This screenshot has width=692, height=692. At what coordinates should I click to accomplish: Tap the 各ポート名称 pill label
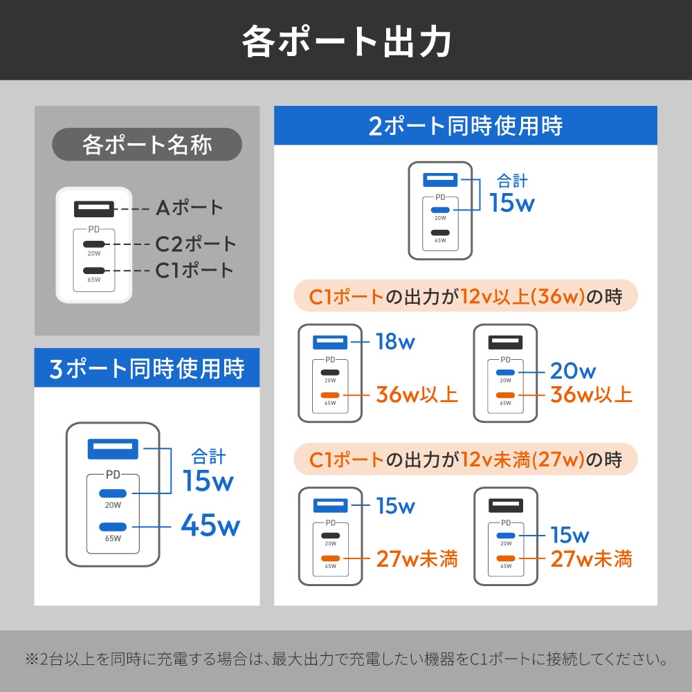147,145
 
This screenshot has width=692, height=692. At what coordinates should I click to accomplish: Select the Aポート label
189,207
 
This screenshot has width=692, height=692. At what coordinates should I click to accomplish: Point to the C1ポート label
194,270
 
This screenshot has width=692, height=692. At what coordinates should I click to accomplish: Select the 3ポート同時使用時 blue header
147,367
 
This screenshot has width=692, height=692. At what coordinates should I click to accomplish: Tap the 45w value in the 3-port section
210,525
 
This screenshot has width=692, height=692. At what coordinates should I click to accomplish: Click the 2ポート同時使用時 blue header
465,126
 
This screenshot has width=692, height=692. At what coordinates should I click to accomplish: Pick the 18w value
395,341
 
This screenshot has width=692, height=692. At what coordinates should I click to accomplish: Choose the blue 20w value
573,372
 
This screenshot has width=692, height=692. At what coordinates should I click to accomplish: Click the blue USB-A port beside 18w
329,341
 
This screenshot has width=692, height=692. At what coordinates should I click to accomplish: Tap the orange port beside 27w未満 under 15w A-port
330,558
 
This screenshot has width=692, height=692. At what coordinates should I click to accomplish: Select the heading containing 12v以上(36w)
465,297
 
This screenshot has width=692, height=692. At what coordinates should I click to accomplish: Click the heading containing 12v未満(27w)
465,459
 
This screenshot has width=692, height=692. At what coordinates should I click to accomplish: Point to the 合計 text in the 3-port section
208,456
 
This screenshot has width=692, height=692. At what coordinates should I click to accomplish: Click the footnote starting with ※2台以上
346,659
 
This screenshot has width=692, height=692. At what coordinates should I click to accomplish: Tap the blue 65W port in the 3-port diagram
113,525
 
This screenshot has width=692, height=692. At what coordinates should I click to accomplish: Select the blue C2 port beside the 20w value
505,372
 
